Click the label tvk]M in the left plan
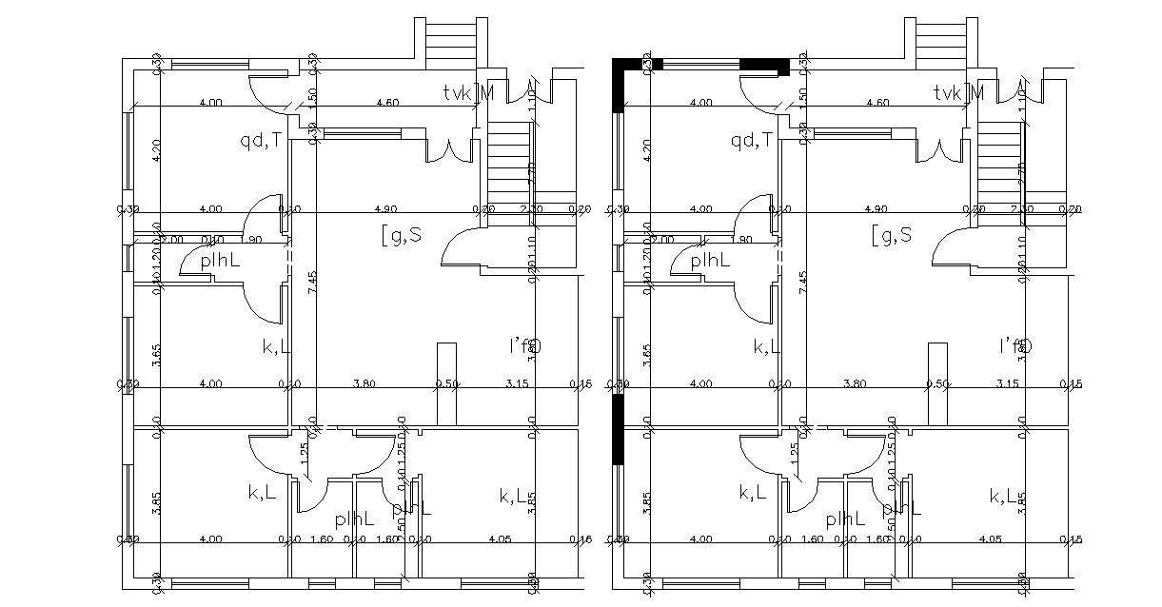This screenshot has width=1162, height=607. pyautogui.click(x=468, y=92)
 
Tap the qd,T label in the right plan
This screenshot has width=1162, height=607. pyautogui.click(x=751, y=141)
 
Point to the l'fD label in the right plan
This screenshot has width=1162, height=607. pyautogui.click(x=1015, y=345)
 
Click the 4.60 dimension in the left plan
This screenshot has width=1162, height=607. pyautogui.click(x=386, y=102)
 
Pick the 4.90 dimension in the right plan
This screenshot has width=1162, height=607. pyautogui.click(x=876, y=208)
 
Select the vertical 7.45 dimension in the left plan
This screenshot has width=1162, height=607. pyautogui.click(x=312, y=283)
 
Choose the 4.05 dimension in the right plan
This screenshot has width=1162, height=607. pyautogui.click(x=990, y=539)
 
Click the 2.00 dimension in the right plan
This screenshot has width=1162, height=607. pyautogui.click(x=662, y=240)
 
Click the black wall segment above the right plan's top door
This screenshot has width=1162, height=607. pyautogui.click(x=764, y=65)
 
